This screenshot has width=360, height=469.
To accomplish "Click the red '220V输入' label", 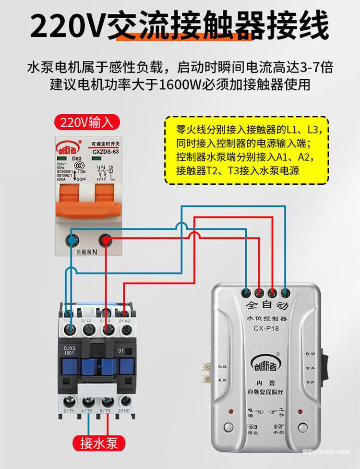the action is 87,122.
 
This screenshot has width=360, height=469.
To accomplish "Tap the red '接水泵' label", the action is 99,442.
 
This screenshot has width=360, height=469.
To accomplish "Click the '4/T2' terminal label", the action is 87,410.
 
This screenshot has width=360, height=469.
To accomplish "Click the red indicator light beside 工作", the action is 301,412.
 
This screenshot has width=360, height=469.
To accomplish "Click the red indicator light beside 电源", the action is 231,412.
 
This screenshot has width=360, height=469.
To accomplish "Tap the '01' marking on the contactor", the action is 121,351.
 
